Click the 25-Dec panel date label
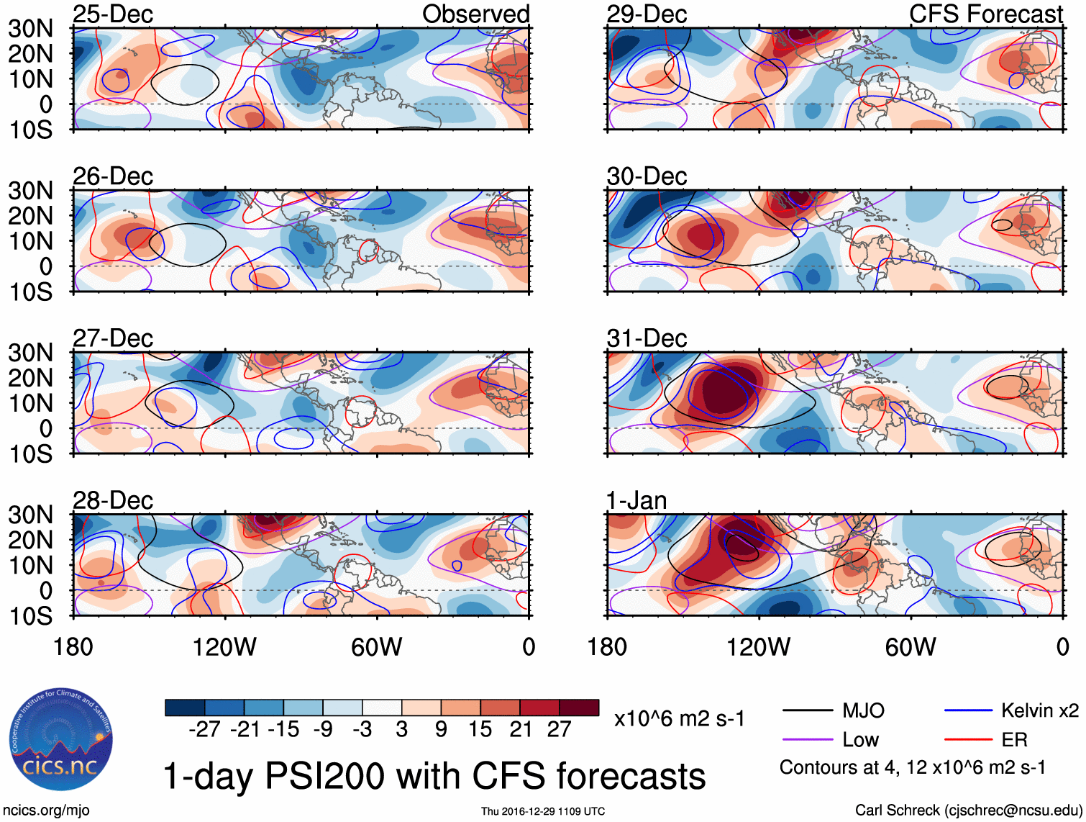click(x=113, y=14)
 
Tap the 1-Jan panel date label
click(x=636, y=500)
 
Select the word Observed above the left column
click(x=475, y=14)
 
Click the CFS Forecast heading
click(x=985, y=14)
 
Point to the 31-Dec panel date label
click(x=647, y=338)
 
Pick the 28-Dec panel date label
click(x=113, y=500)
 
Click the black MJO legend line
click(x=807, y=711)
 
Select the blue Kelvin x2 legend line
click(x=968, y=711)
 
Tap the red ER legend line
click(x=968, y=739)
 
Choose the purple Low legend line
click(x=807, y=739)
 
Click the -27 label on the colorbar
click(x=204, y=729)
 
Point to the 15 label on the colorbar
click(x=480, y=729)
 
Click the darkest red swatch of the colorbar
click(x=579, y=708)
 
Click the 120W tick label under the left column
click(x=224, y=647)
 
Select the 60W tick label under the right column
click(x=911, y=647)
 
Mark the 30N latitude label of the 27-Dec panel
click(x=30, y=353)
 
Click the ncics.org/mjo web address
click(x=46, y=810)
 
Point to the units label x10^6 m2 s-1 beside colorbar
click(x=679, y=718)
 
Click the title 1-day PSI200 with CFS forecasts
click(x=434, y=776)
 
